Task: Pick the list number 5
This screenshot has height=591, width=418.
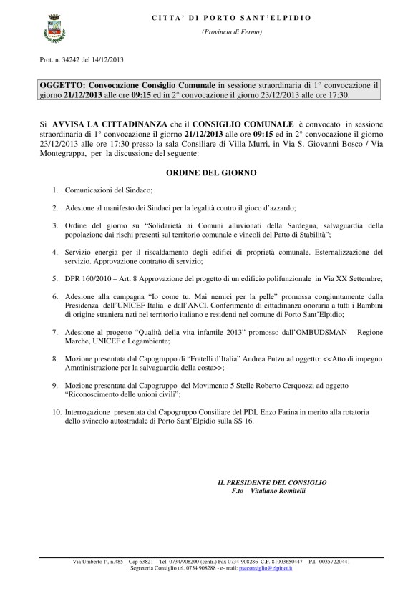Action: (54, 278)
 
